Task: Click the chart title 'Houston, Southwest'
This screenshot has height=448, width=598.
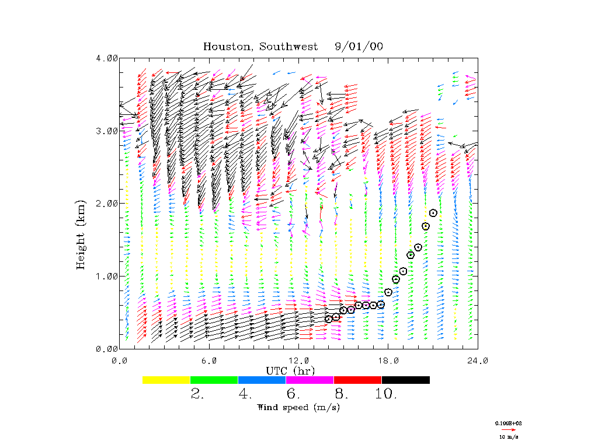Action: pyautogui.click(x=260, y=47)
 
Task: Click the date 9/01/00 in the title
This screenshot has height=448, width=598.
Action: pyautogui.click(x=359, y=47)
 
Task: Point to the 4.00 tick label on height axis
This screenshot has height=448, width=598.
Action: pyautogui.click(x=107, y=58)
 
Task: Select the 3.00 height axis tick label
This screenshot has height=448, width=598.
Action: pyautogui.click(x=107, y=131)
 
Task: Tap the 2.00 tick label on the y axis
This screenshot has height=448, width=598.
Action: pyautogui.click(x=107, y=203)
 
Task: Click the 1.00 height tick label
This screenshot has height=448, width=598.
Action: pyautogui.click(x=107, y=276)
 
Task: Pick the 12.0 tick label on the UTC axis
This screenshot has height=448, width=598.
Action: pyautogui.click(x=299, y=360)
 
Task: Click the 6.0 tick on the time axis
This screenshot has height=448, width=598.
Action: pyautogui.click(x=209, y=360)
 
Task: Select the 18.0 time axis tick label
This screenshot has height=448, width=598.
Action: pyautogui.click(x=388, y=360)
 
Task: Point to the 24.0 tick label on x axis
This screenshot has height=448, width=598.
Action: pyautogui.click(x=478, y=360)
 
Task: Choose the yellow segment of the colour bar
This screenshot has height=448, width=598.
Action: pyautogui.click(x=166, y=380)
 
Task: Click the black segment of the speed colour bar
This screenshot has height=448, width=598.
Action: pyautogui.click(x=405, y=380)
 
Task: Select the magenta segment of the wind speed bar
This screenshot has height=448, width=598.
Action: pyautogui.click(x=310, y=380)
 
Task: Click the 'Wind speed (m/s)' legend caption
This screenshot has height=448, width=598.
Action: pyautogui.click(x=298, y=407)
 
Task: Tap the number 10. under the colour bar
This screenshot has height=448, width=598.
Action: pyautogui.click(x=385, y=394)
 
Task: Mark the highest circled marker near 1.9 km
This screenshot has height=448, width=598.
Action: pyautogui.click(x=433, y=213)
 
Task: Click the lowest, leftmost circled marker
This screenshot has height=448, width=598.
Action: pyautogui.click(x=329, y=319)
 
